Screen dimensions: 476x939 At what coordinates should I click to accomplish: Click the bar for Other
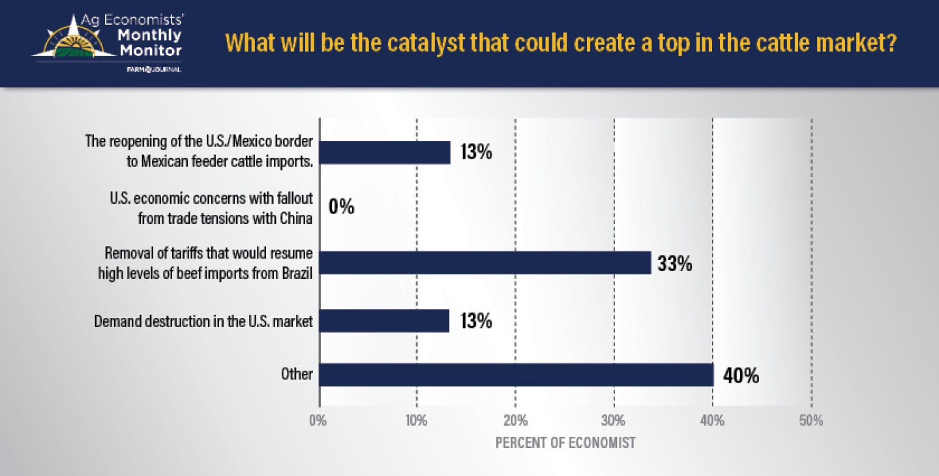click(x=516, y=375)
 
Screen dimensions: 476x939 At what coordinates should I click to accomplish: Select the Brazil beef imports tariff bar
click(x=484, y=263)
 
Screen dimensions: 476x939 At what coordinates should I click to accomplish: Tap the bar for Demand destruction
click(x=384, y=321)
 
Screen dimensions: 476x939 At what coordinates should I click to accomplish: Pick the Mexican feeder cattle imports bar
click(x=384, y=153)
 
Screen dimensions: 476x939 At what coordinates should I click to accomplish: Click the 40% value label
click(x=741, y=376)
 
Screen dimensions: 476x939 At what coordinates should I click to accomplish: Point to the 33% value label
click(x=674, y=265)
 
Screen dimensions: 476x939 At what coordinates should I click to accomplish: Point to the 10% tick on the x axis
click(x=416, y=421)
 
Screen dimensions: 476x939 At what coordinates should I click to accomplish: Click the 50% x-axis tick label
click(x=811, y=421)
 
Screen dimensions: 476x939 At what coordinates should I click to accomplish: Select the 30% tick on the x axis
click(x=614, y=421)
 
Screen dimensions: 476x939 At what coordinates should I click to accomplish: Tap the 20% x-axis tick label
click(x=515, y=421)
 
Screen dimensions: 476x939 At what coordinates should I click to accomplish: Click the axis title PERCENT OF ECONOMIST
click(x=565, y=443)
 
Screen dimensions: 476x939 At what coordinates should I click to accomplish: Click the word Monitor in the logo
click(x=150, y=50)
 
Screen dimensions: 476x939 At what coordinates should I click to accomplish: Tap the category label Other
click(x=297, y=375)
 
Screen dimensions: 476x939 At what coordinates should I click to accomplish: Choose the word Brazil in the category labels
click(x=295, y=272)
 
